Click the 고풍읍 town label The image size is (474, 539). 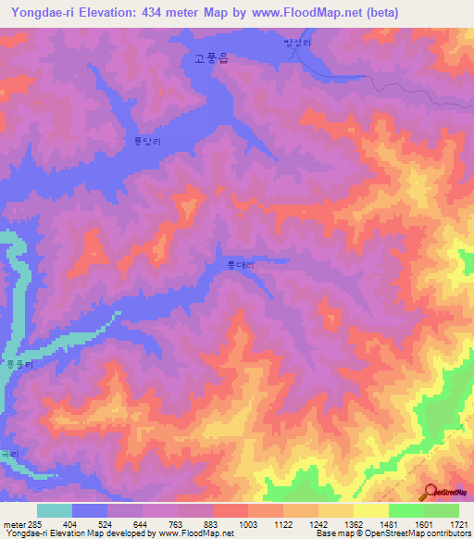(x=211, y=57)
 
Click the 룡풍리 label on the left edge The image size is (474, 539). (x=19, y=365)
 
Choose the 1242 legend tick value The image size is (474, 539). (x=317, y=525)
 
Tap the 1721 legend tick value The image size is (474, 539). (x=457, y=525)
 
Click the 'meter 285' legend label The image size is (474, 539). (x=18, y=525)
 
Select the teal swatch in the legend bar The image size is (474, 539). (x=55, y=510)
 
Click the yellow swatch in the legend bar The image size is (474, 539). (x=371, y=510)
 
